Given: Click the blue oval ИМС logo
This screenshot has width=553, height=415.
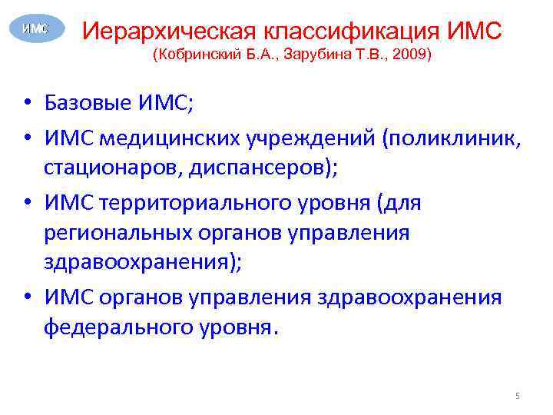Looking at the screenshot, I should coord(35,28).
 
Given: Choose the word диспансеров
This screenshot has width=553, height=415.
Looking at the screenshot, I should coord(262,168).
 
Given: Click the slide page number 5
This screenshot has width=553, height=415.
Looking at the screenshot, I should coord(518,396).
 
